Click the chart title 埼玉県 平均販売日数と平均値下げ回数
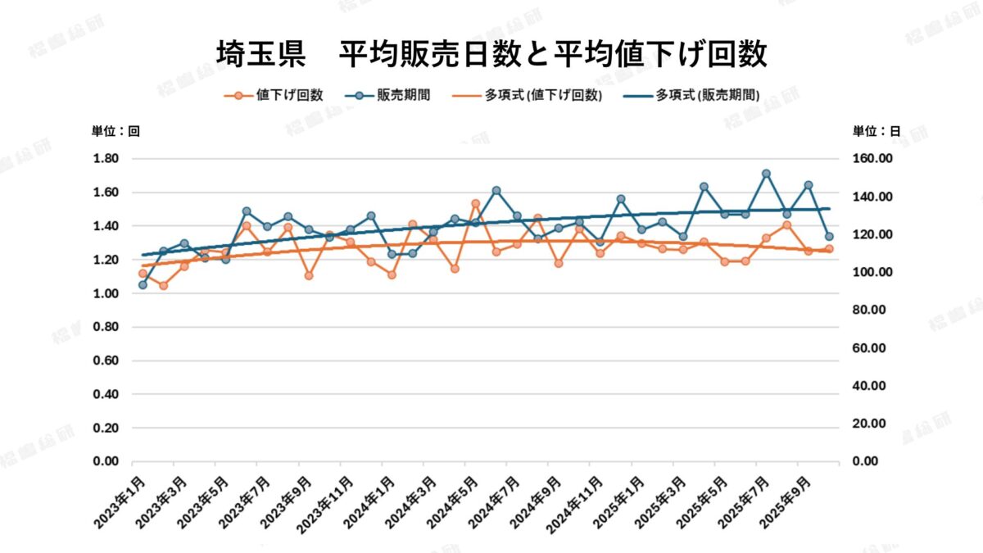click(491, 55)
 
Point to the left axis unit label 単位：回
click(116, 131)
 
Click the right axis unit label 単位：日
click(877, 131)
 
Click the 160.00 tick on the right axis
click(872, 159)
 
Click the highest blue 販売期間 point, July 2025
click(766, 174)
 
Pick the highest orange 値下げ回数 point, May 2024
click(475, 203)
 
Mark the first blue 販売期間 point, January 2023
click(143, 284)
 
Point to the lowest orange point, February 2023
click(163, 285)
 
